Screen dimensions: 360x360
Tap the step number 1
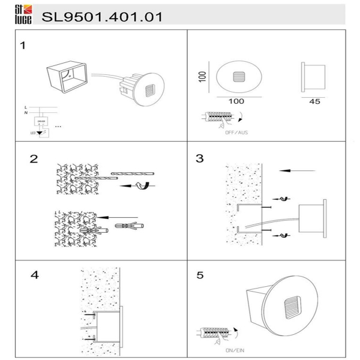(x=23, y=46)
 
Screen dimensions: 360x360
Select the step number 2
(x=34, y=160)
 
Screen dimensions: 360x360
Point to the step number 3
(x=200, y=159)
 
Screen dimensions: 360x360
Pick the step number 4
(x=34, y=275)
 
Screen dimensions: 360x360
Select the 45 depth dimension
(x=314, y=102)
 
